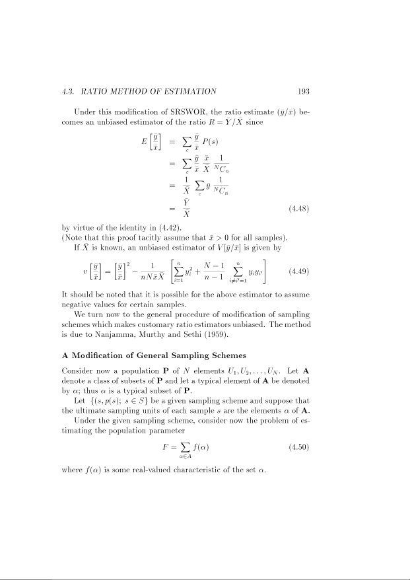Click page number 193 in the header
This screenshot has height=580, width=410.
(x=301, y=91)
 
